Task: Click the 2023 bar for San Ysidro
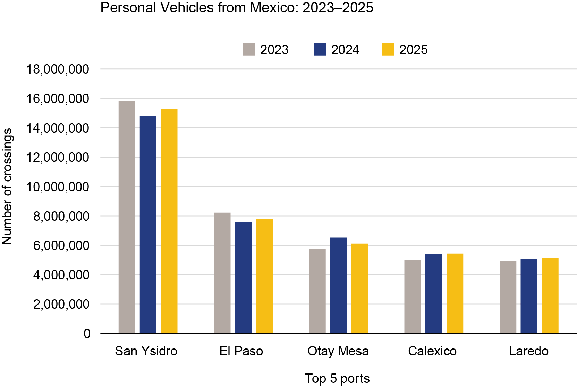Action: click(x=127, y=217)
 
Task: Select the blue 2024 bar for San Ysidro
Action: click(x=148, y=224)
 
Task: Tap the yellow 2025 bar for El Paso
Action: click(x=264, y=276)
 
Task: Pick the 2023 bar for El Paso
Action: click(x=222, y=273)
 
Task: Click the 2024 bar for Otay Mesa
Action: click(x=338, y=285)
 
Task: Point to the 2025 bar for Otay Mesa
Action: click(x=359, y=288)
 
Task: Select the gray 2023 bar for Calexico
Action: click(x=413, y=296)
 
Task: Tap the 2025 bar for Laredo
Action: click(x=550, y=295)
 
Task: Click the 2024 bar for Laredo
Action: click(x=529, y=296)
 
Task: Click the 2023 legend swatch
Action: click(x=249, y=50)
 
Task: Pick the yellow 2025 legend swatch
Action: click(x=388, y=50)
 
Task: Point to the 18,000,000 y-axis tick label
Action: click(x=58, y=69)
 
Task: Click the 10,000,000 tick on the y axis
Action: click(x=58, y=187)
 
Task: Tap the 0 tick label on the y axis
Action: click(x=87, y=334)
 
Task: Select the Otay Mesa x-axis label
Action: click(x=338, y=351)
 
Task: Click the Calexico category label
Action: click(x=432, y=351)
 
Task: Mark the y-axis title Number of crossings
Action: click(x=7, y=186)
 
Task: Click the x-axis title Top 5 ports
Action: click(x=337, y=378)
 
